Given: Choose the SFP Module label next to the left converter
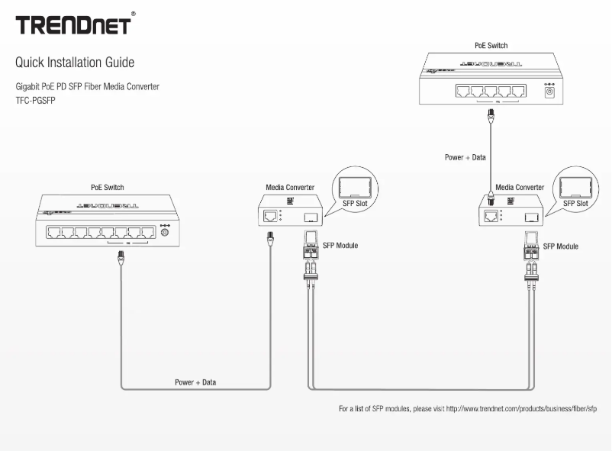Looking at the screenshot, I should (x=338, y=246).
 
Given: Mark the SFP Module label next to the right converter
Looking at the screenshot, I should (x=560, y=246).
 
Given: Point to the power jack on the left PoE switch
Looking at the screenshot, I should (x=163, y=230).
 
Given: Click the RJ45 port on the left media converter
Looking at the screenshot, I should (x=269, y=216).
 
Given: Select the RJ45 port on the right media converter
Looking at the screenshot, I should (x=489, y=216).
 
